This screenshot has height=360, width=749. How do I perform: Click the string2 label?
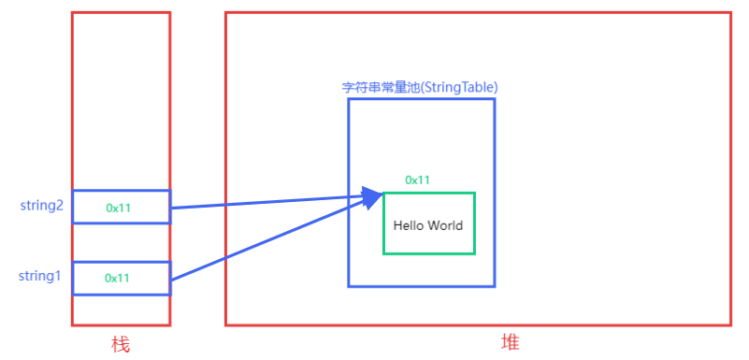[x=41, y=206]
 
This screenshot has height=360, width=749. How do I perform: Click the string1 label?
[x=40, y=276]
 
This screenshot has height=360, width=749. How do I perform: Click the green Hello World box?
[x=429, y=242]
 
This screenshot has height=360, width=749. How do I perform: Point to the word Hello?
[x=409, y=225]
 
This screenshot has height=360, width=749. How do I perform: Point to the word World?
[x=445, y=225]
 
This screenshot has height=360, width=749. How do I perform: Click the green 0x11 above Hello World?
[x=417, y=180]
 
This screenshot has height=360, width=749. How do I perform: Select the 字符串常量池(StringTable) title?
[x=419, y=87]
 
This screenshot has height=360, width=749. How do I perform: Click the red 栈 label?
[x=120, y=345]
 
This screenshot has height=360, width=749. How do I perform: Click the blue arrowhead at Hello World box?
[x=373, y=196]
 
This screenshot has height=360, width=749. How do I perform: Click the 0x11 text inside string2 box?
[x=118, y=208]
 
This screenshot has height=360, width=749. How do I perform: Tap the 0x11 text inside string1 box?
[x=117, y=278]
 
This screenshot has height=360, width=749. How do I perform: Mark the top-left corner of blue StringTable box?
[x=349, y=99]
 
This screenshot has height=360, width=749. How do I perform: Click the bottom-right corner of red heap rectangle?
[x=730, y=324]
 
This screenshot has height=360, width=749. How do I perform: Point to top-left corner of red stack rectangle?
[x=72, y=12]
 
